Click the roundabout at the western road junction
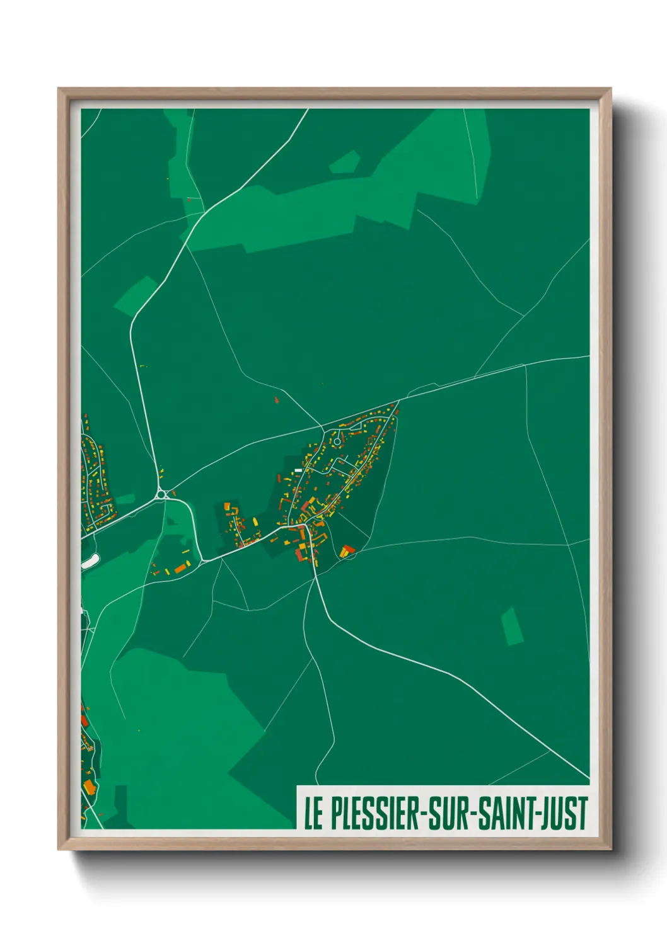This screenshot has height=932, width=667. [x=163, y=495]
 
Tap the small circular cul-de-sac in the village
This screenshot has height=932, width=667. [x=337, y=441]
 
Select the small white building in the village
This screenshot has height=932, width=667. [x=298, y=470]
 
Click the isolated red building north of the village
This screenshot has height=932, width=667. [x=276, y=399]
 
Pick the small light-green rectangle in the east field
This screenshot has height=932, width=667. [x=512, y=626]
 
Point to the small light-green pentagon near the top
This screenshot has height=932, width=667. [x=345, y=162]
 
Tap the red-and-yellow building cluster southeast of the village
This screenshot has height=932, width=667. [x=347, y=552]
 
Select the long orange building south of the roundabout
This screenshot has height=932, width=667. [x=181, y=569]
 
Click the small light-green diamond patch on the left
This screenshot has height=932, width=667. [x=136, y=295]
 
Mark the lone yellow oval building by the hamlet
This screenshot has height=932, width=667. [x=255, y=521]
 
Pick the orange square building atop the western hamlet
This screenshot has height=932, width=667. [x=228, y=506]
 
